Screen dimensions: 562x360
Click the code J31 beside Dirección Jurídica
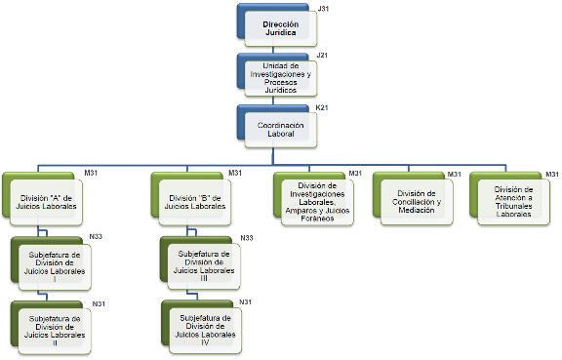click(323, 9)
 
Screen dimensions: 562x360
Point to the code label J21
click(322, 55)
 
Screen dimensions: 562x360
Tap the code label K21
click(322, 107)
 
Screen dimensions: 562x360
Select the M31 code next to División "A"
click(91, 173)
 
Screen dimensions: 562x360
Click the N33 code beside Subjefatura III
click(247, 238)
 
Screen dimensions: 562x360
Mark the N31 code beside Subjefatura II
click(99, 303)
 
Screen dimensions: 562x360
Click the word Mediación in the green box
click(416, 210)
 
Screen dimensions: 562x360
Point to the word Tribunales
click(513, 206)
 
